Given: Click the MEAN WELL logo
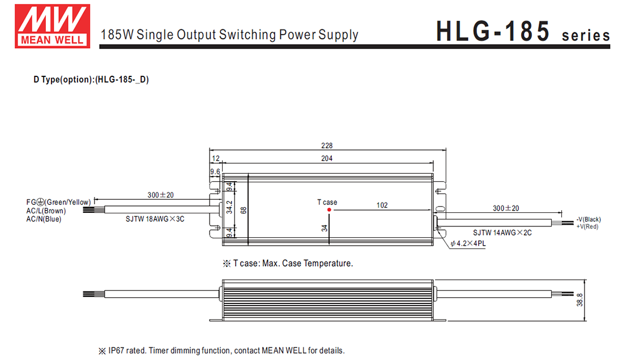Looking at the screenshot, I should (x=52, y=25).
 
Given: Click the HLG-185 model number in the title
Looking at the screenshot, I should (x=493, y=32).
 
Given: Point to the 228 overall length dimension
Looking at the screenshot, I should (x=327, y=145).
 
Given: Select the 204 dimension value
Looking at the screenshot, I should (x=327, y=158).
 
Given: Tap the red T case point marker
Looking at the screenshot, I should (x=329, y=209).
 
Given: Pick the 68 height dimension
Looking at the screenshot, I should (x=244, y=210).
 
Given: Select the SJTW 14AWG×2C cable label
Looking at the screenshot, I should (x=502, y=232).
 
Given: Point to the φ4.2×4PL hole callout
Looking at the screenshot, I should (x=468, y=244).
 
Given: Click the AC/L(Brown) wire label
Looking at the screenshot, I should (x=46, y=211).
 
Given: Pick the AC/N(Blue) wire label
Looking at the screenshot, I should (x=44, y=219).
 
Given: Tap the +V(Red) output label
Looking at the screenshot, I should (x=587, y=226).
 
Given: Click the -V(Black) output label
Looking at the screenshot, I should (x=588, y=220).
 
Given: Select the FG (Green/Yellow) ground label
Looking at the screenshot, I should (x=58, y=202).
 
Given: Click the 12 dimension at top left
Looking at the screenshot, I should (x=215, y=158).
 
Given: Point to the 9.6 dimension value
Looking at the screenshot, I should (x=215, y=172).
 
